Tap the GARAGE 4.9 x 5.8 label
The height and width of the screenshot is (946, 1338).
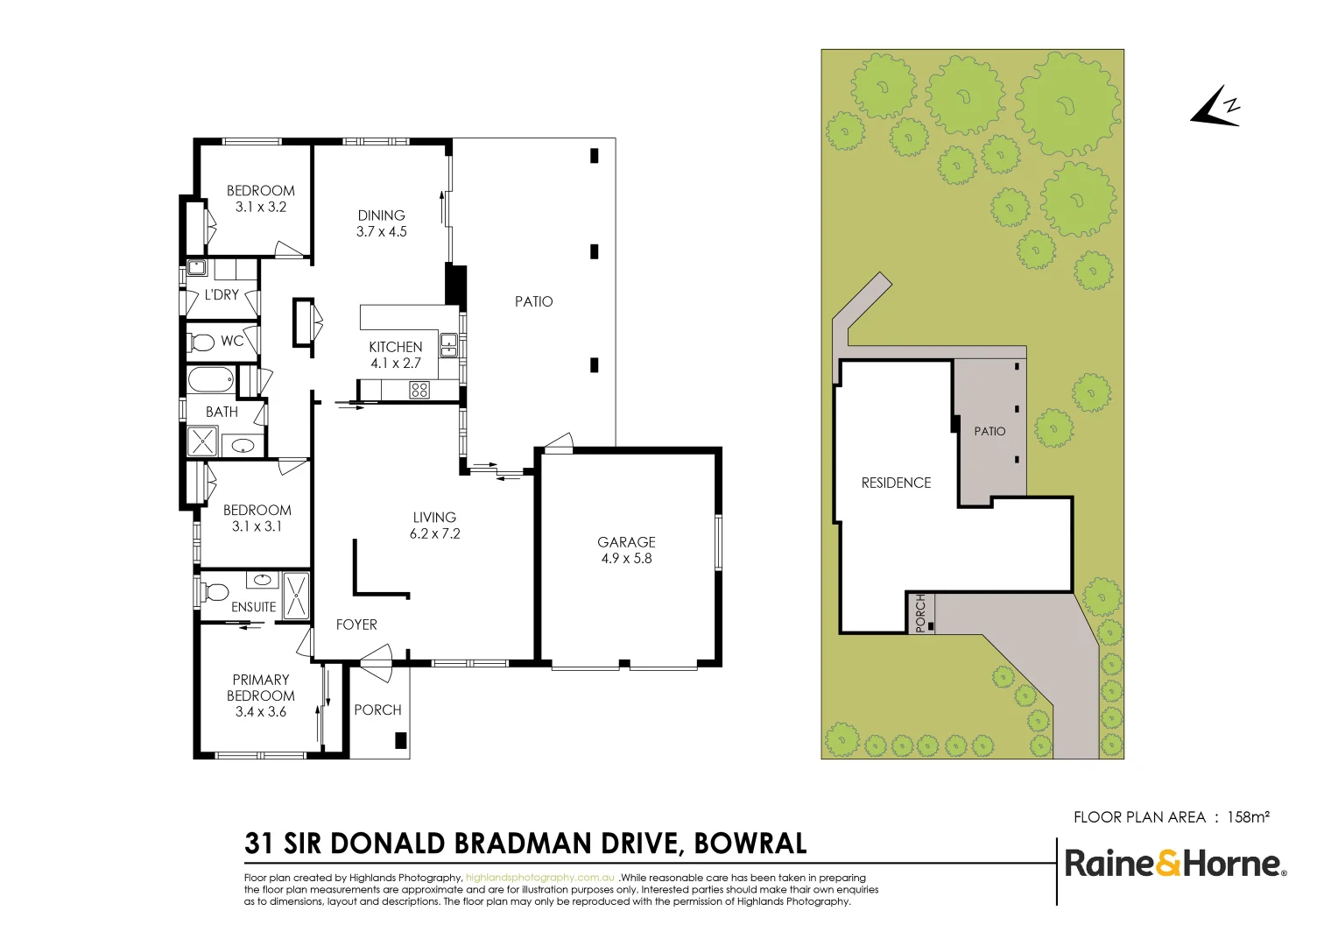click(626, 550)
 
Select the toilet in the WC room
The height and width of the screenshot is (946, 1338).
click(202, 342)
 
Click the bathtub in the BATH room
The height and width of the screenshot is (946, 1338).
click(211, 380)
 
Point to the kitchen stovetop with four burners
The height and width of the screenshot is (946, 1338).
click(419, 390)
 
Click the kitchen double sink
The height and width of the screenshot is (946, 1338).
click(448, 345)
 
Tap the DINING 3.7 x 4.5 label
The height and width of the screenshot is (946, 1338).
click(382, 223)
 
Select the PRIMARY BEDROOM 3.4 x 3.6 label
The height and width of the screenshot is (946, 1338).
click(260, 695)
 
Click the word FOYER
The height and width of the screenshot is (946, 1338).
click(356, 625)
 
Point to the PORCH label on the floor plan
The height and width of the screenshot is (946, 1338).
click(377, 710)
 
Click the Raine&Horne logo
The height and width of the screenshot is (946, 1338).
click(1174, 864)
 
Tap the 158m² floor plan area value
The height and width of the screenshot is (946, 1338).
click(1248, 817)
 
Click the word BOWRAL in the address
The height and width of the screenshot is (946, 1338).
click(750, 844)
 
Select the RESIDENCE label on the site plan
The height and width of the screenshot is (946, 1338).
click(896, 483)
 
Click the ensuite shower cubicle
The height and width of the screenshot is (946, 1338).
click(297, 595)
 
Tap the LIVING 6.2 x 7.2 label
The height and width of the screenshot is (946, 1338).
click(434, 526)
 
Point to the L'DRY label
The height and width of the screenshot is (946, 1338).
click(222, 295)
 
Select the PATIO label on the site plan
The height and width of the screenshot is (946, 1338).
click(989, 431)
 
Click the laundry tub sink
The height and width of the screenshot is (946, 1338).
click(196, 268)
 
